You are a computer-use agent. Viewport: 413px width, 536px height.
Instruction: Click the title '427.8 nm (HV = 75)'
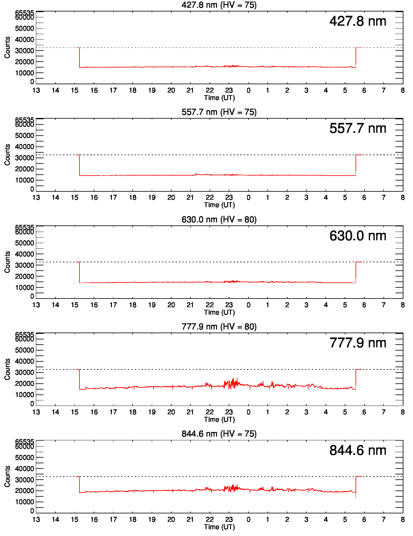[219, 5]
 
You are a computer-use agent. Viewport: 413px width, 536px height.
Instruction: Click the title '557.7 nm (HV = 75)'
[219, 112]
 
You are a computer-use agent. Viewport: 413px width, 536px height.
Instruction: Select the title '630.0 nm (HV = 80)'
[219, 220]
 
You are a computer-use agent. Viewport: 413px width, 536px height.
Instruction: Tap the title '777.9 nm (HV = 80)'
[219, 327]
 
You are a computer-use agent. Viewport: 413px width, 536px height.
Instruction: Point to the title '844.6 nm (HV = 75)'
[219, 434]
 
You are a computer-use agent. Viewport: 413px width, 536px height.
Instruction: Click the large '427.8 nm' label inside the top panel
[358, 21]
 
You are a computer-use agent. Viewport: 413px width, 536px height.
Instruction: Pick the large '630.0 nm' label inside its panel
[358, 236]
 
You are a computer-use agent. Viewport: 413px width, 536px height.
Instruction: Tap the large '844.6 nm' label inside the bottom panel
[358, 451]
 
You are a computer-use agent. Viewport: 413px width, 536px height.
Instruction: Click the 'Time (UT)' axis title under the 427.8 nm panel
[219, 98]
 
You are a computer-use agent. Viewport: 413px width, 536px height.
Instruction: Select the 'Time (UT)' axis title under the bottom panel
[219, 527]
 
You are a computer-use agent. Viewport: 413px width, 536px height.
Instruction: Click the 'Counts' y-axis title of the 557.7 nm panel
[7, 155]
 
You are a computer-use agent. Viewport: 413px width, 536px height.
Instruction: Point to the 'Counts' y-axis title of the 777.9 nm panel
[7, 369]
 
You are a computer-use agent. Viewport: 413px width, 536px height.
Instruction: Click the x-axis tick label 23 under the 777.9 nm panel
[229, 412]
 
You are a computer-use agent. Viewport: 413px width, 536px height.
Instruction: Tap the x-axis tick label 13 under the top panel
[36, 90]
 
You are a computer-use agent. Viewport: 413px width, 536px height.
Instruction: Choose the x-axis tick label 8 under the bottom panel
[402, 519]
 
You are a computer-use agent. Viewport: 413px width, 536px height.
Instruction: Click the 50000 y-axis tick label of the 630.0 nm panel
[24, 243]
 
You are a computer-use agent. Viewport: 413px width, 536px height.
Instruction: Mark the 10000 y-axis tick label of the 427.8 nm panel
[24, 73]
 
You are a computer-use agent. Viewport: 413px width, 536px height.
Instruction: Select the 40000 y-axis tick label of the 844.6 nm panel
[24, 469]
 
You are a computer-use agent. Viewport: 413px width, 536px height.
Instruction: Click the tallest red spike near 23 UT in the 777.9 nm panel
[237, 378]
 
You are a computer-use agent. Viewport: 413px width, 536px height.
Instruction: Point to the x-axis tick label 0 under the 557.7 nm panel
[248, 198]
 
